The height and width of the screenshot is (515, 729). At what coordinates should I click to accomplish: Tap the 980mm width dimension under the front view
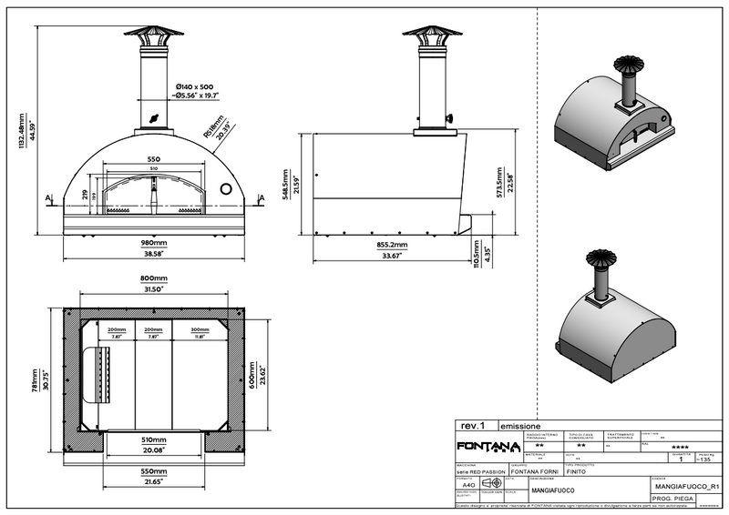click(153, 244)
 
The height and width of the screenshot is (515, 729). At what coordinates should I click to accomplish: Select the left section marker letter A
click(46, 196)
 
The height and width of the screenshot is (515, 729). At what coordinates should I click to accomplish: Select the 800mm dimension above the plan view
click(153, 279)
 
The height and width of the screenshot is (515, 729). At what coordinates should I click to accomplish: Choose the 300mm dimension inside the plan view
click(199, 329)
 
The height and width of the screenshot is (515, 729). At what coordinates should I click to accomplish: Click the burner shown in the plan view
click(99, 376)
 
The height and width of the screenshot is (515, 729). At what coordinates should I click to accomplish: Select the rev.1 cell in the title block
click(472, 426)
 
